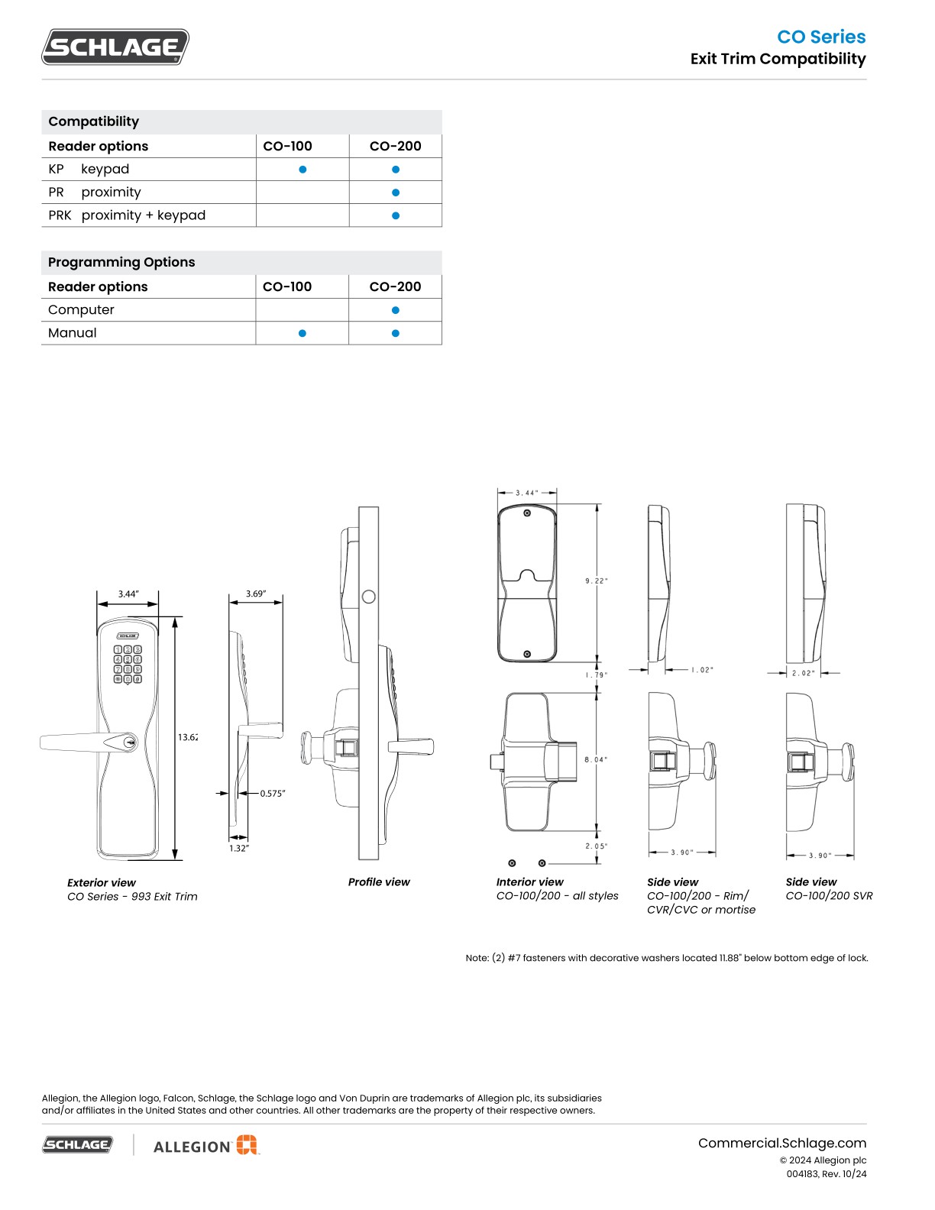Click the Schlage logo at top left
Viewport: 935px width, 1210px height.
coord(115,47)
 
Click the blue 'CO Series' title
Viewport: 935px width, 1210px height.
coord(821,37)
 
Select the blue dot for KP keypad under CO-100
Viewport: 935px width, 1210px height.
coord(302,170)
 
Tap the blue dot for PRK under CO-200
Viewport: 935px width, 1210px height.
coord(396,215)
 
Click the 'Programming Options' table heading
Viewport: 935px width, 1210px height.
coord(121,262)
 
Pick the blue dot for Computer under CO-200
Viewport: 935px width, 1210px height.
coord(396,310)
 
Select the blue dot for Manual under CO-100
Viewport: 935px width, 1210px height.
coord(302,333)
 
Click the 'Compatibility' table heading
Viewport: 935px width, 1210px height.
coord(93,121)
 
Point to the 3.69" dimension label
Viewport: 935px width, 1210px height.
coord(256,594)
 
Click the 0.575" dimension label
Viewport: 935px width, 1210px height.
coord(273,794)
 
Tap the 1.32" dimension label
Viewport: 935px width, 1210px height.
coord(239,848)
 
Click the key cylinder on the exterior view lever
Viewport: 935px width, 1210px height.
coord(130,741)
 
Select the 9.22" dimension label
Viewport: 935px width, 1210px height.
coord(597,581)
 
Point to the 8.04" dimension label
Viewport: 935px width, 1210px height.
coord(596,759)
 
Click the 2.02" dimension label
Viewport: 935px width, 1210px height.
coord(803,673)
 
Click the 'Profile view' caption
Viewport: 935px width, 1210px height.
coord(379,882)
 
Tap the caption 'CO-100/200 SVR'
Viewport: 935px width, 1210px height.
coord(829,896)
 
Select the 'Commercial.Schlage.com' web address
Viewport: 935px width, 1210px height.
coord(781,1143)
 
